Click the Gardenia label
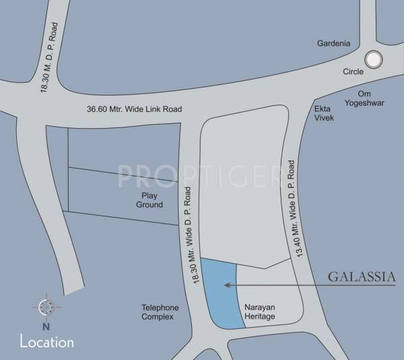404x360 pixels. (334, 44)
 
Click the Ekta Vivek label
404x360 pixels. (324, 113)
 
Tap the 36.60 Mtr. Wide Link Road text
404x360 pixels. (134, 109)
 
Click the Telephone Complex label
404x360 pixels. (160, 311)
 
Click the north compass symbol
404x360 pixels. (46, 307)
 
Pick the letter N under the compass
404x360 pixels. (46, 327)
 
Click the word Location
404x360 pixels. (46, 342)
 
